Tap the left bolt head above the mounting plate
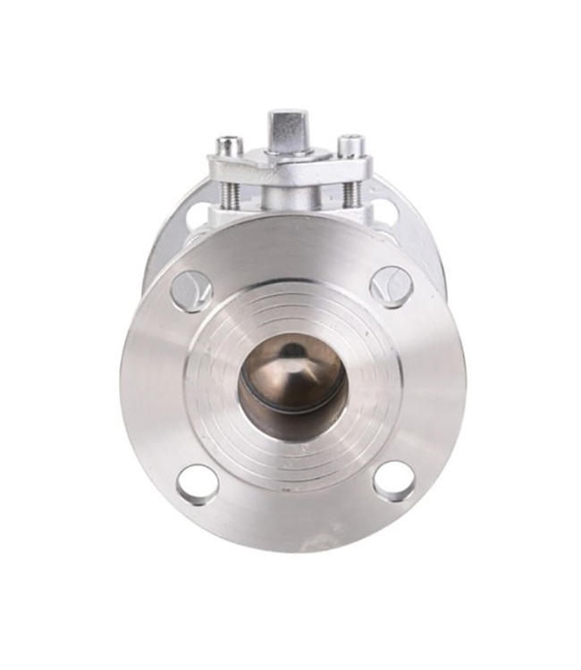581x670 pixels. pyautogui.click(x=230, y=146)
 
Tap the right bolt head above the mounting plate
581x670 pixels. pyautogui.click(x=350, y=146)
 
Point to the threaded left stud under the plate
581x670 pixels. pyautogui.click(x=231, y=193)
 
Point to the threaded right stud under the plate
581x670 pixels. pyautogui.click(x=351, y=193)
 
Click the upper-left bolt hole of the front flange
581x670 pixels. pyautogui.click(x=191, y=290)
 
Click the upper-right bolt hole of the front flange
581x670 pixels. pyautogui.click(x=391, y=287)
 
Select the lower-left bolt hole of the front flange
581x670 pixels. pyautogui.click(x=197, y=484)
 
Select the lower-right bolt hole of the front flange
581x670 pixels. pyautogui.click(x=394, y=481)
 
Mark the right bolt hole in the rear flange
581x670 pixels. pyautogui.click(x=385, y=213)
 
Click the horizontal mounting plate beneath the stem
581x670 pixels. pyautogui.click(x=290, y=170)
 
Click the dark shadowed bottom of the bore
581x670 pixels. pyautogui.click(x=290, y=424)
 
